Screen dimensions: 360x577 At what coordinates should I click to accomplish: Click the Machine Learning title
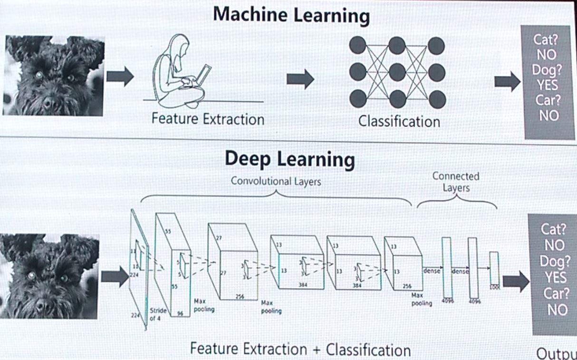click(291, 15)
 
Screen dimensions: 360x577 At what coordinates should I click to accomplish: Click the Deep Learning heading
click(289, 159)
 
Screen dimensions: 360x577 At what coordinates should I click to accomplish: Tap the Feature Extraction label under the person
click(208, 118)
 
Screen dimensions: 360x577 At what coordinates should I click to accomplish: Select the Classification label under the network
click(399, 122)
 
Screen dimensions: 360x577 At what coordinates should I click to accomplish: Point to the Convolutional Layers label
click(276, 181)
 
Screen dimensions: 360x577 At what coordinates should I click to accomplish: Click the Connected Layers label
click(456, 181)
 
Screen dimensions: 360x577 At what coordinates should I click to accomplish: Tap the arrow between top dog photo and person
click(120, 77)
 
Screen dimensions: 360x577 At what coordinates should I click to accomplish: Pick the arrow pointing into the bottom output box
click(516, 282)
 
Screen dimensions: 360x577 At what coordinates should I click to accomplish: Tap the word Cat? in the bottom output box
click(554, 229)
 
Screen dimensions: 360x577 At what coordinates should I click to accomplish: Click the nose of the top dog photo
click(49, 102)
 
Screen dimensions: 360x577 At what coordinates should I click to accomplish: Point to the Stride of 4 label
click(158, 314)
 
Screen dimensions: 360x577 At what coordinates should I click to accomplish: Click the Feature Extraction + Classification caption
click(300, 350)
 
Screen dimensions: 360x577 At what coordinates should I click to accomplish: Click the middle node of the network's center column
click(397, 73)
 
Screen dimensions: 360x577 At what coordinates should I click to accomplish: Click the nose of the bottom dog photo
click(42, 304)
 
